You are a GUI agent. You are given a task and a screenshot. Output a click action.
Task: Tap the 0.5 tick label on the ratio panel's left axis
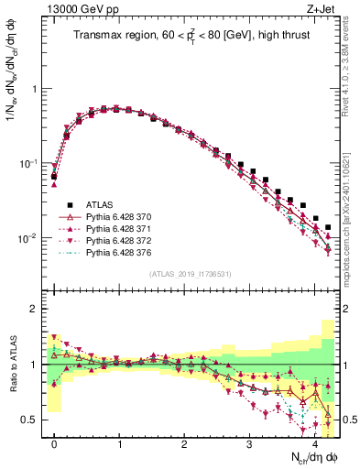[x=31, y=420]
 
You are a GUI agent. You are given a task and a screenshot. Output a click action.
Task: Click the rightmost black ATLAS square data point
[x=328, y=227]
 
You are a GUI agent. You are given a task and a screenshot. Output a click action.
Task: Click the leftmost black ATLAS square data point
[x=54, y=176]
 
